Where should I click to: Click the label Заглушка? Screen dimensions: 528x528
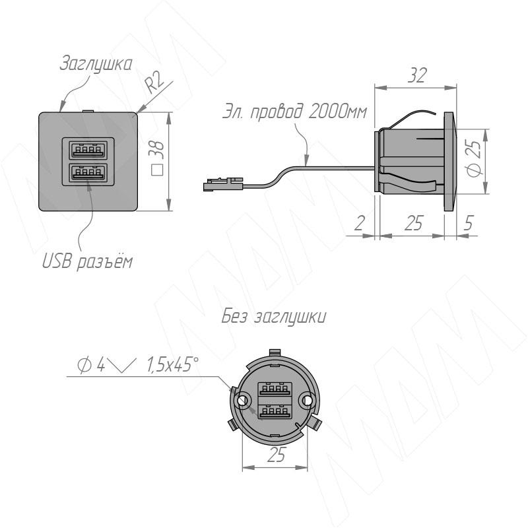[96, 63]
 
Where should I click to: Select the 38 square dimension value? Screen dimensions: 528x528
[157, 158]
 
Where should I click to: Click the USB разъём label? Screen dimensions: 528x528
[87, 261]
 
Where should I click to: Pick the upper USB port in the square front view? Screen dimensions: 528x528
[88, 150]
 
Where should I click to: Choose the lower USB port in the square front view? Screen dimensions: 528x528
[88, 173]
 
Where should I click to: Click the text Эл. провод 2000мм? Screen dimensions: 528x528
[294, 112]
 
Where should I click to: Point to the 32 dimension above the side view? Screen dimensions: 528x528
[417, 75]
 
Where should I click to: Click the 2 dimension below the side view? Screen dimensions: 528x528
[360, 222]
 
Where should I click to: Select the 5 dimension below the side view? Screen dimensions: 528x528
[469, 222]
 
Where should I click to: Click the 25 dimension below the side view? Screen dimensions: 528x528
[413, 222]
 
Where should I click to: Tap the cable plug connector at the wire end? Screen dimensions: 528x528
[222, 185]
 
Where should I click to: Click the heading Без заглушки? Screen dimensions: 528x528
[274, 317]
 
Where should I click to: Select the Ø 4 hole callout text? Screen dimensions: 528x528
[91, 365]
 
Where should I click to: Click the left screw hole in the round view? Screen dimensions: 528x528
[243, 401]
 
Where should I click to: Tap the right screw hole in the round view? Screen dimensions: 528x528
[306, 401]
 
